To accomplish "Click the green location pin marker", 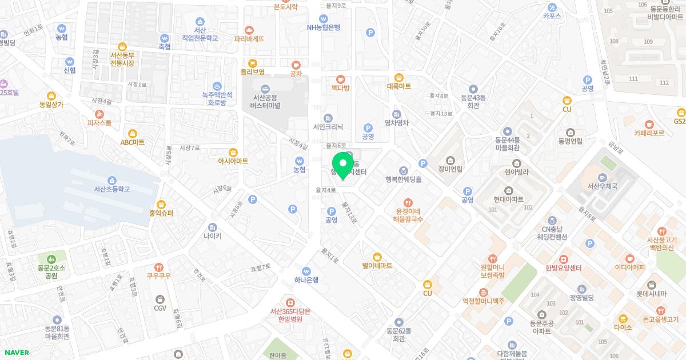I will coord(342,164).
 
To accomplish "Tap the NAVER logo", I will coord(15,353).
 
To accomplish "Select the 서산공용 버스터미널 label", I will coord(265,101).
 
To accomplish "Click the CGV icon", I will coord(159,299).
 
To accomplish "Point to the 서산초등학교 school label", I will coord(112,189).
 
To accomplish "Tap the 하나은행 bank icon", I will coord(306,271).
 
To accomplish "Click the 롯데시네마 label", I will coord(651,294).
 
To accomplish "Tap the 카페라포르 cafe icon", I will coord(649,124).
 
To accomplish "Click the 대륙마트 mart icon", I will coord(399,78).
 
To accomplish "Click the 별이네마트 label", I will coord(377,266).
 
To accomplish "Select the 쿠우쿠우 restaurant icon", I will coord(159,267).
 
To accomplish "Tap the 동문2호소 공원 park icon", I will coord(51,259).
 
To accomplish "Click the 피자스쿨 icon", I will coord(99,114).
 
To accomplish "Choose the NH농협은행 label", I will coord(324,27).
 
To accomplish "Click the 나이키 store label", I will coord(213,235).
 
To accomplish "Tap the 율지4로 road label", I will coord(325,190).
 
